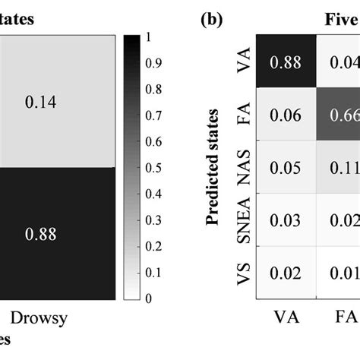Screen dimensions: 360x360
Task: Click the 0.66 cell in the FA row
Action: [345, 114]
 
